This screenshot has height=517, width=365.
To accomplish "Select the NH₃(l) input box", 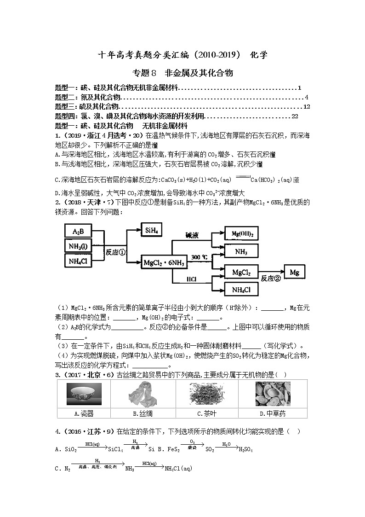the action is pos(78,246).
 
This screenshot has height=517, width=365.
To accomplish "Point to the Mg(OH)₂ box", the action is pos(241,234).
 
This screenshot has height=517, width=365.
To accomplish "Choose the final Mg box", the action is pos(294,273).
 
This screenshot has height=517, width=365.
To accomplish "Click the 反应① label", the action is pos(115,252).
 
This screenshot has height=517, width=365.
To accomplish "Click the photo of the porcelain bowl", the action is pos(84,394).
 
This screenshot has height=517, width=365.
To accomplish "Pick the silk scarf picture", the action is pos(142,394).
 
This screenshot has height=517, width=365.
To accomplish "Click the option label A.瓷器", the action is pos(84,413).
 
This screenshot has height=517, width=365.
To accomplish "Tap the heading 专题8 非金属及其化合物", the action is pos(182,73).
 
